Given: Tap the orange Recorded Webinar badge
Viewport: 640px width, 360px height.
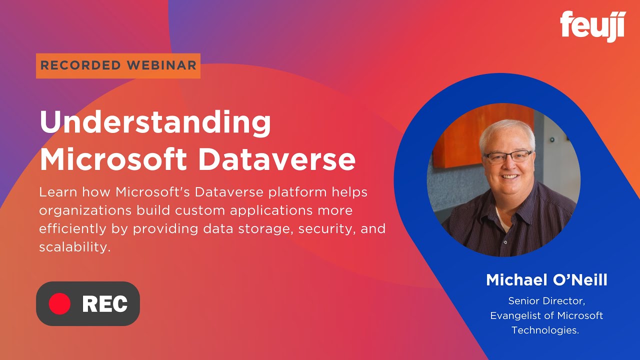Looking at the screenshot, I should (118, 65).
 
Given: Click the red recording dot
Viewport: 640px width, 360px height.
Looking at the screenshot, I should (59, 303).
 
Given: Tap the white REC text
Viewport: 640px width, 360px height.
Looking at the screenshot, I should (104, 303).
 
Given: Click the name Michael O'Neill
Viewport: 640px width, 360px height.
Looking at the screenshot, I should (546, 280).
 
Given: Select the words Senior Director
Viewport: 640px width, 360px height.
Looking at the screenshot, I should (546, 301).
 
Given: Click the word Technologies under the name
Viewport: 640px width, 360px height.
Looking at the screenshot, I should (545, 330).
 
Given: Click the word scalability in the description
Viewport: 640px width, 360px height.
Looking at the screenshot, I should (74, 247).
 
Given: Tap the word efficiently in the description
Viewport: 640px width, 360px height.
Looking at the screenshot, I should (72, 228).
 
